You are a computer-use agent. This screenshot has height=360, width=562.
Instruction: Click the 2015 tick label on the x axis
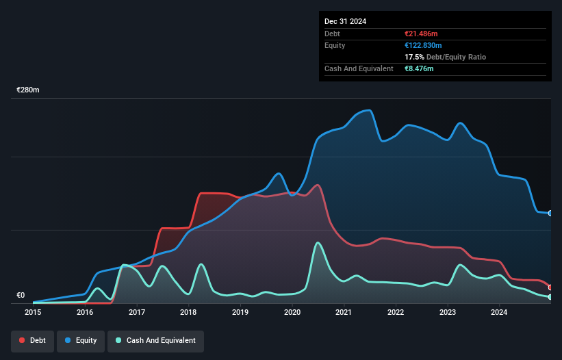(x=33, y=313)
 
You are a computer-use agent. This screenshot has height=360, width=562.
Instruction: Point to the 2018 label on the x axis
(x=188, y=313)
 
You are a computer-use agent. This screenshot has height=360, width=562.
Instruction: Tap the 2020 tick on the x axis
(x=292, y=313)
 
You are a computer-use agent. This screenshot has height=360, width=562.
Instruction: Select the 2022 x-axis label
(x=396, y=313)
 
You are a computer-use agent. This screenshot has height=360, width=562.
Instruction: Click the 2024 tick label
(x=499, y=313)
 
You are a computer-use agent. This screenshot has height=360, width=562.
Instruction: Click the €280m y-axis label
(x=28, y=90)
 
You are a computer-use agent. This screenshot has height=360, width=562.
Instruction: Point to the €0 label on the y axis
(x=21, y=296)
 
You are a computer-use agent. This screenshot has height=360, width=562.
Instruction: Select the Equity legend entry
(x=81, y=340)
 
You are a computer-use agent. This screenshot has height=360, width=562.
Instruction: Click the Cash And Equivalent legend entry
(x=155, y=340)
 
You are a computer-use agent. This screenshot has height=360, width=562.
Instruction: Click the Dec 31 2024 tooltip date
(x=345, y=21)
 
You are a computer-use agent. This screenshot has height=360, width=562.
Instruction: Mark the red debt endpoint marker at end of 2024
(x=550, y=287)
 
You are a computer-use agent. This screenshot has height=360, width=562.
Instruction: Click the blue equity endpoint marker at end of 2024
(x=550, y=213)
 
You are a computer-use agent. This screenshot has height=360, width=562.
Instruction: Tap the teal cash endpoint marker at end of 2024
(x=550, y=297)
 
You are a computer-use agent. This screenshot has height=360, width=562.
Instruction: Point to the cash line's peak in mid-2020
(x=318, y=242)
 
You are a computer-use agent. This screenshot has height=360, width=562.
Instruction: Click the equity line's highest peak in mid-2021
(x=370, y=110)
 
